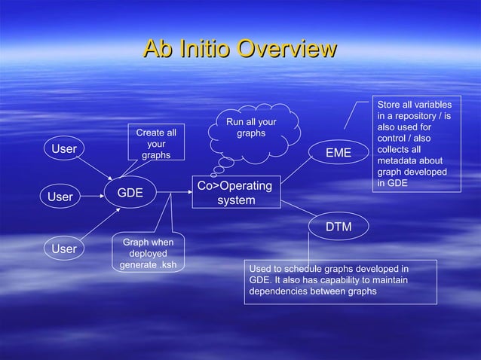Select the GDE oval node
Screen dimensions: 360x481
[x=130, y=194]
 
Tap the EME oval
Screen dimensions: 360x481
[x=338, y=153]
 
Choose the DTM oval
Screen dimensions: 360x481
[x=338, y=227]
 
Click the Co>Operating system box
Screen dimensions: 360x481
[x=236, y=193]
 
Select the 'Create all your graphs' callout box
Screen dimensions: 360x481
[x=156, y=144]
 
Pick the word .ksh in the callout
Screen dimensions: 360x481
[x=170, y=265]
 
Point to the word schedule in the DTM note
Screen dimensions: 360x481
[x=300, y=268]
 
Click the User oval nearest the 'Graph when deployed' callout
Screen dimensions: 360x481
[x=63, y=248]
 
